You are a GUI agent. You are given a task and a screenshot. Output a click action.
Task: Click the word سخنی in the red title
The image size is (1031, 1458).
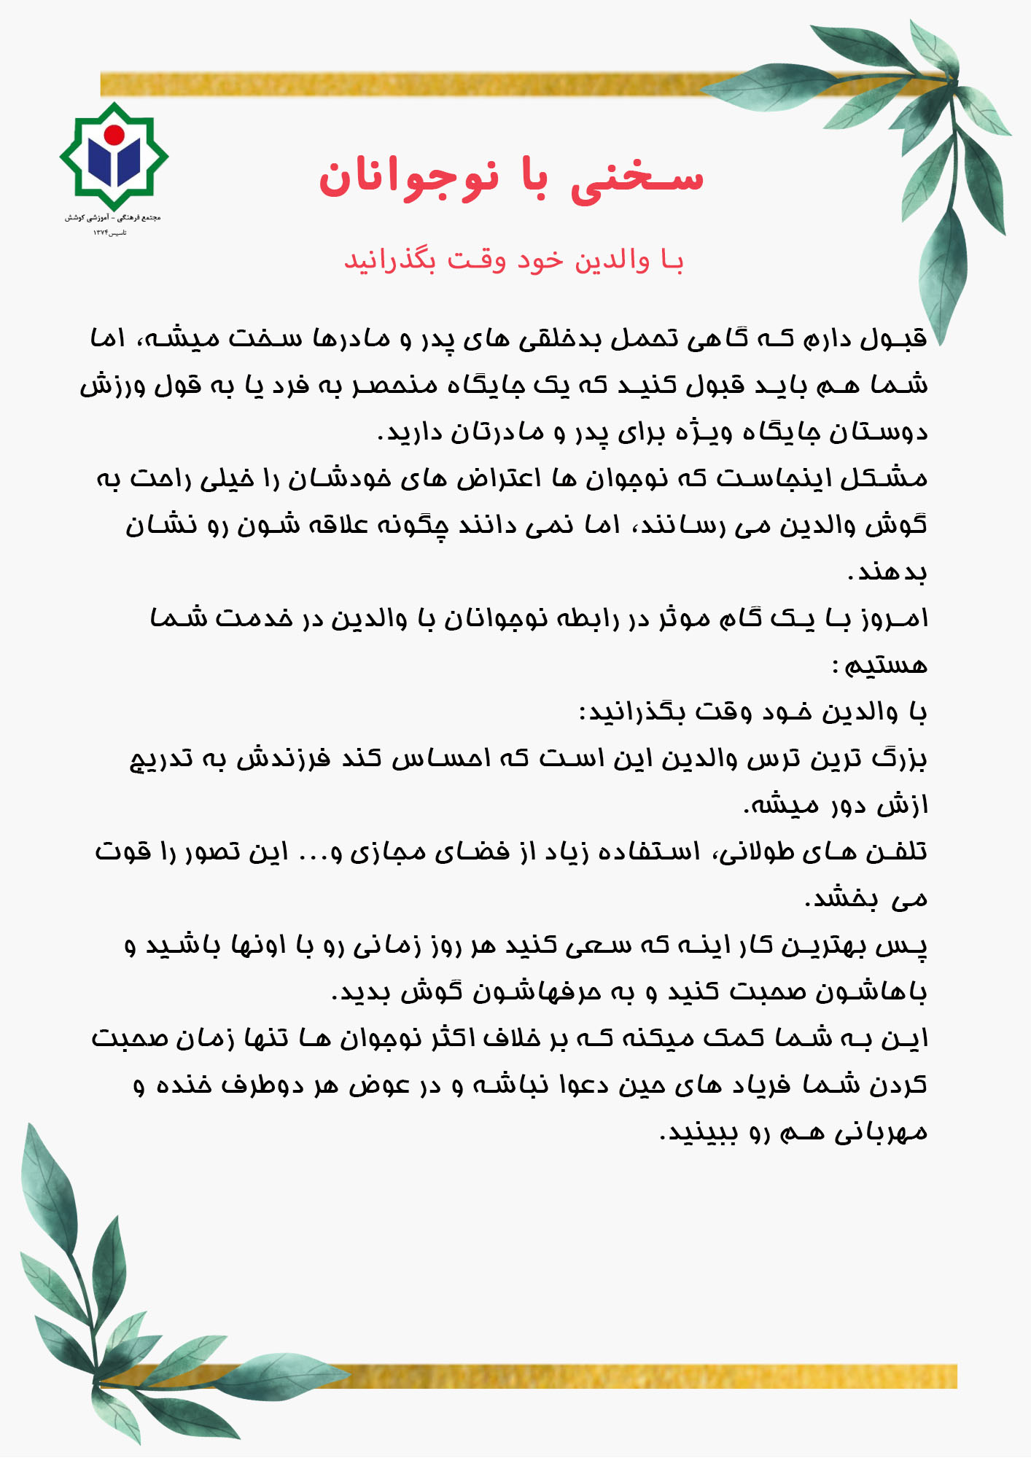pos(636,177)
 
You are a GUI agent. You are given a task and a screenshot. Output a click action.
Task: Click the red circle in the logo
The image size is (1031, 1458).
pos(114,135)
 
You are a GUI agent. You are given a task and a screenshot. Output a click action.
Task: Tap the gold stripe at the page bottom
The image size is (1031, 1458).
pos(583,1376)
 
